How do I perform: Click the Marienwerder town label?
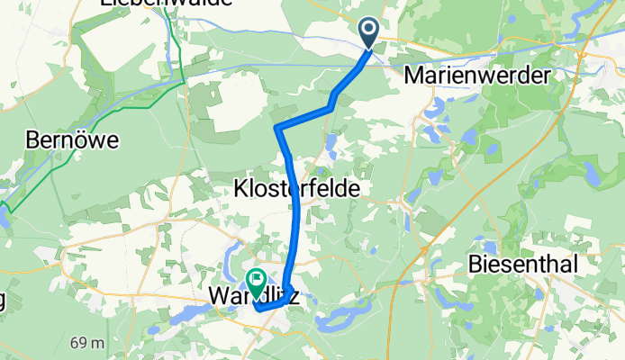[477, 76]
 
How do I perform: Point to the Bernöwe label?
[73, 141]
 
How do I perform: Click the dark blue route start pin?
[370, 33]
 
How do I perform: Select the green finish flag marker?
[256, 283]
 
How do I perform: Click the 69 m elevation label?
[87, 343]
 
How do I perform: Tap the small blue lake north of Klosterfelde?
[331, 142]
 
